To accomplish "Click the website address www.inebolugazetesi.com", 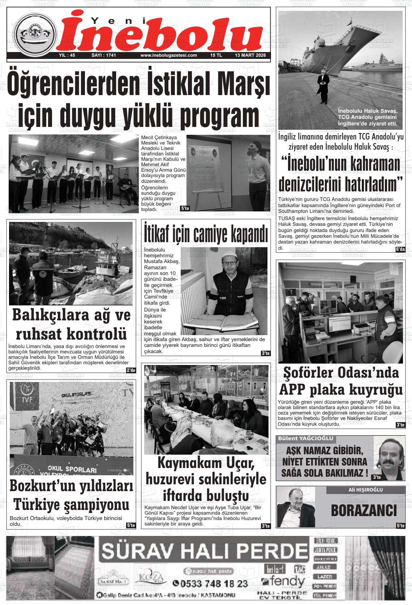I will [168, 55].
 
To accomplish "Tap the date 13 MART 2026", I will [250, 55].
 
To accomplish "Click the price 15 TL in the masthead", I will [216, 55].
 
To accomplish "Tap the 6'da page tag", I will [400, 249].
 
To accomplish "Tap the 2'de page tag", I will [130, 370].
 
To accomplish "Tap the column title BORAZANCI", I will [364, 511].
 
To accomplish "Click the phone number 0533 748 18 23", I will [210, 583].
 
